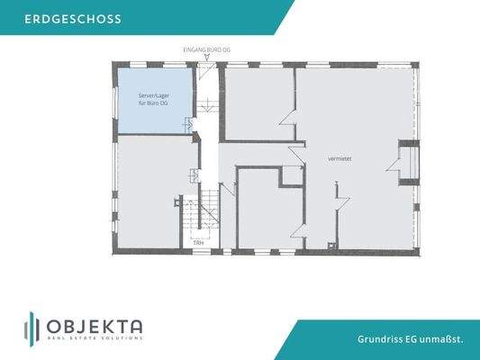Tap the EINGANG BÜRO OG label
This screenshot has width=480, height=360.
pos(206,49)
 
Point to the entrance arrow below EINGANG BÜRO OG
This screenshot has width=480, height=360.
pos(207,58)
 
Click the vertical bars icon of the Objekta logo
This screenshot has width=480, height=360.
pos(31,328)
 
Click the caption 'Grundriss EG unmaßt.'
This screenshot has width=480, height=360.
pos(410,338)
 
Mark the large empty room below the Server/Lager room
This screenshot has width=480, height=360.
pos(154,189)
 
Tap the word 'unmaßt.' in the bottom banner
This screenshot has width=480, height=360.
pos(445,338)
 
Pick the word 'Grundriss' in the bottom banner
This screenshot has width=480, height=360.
pos(376,338)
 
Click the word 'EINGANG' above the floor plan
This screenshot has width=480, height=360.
pos(193,49)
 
